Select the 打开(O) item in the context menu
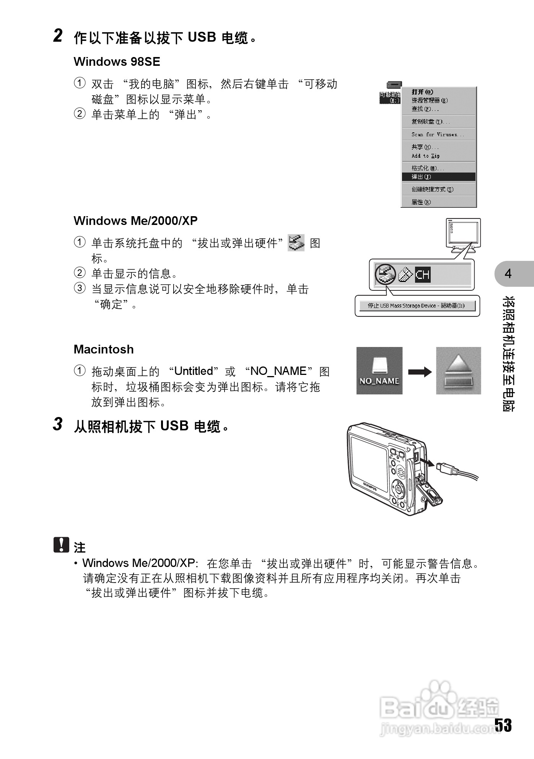(x=422, y=92)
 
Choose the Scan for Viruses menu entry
(x=438, y=134)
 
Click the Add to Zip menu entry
(x=426, y=156)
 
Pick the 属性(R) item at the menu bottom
(x=421, y=202)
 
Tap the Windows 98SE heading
(x=117, y=62)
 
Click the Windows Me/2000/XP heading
(x=135, y=221)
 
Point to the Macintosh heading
(x=104, y=349)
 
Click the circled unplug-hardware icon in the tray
(x=385, y=274)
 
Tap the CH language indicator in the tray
(x=423, y=275)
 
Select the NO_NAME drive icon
(x=379, y=370)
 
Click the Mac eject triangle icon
(x=458, y=370)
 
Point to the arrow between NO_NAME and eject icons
(x=420, y=372)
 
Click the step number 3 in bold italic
(x=58, y=424)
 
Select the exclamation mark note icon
(x=61, y=545)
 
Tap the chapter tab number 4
(x=508, y=274)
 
